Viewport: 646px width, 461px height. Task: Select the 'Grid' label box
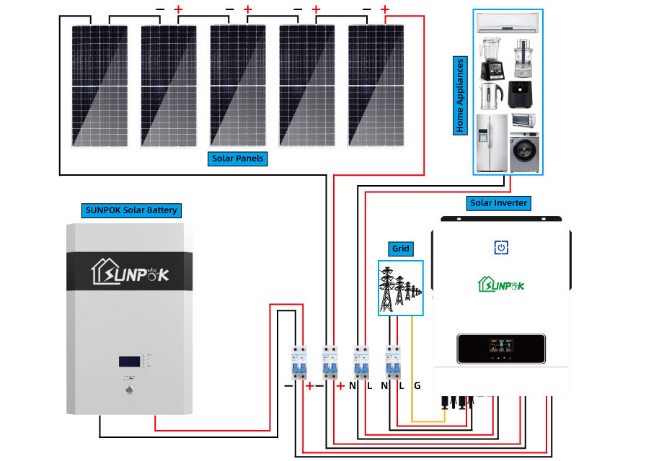[401, 249]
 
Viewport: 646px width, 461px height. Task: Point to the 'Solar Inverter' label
[498, 203]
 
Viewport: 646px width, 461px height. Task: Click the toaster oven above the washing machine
[523, 120]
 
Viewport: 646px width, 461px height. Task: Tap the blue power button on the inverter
[501, 248]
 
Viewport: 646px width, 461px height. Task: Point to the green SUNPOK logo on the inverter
[500, 285]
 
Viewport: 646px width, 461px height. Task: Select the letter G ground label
[417, 386]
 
